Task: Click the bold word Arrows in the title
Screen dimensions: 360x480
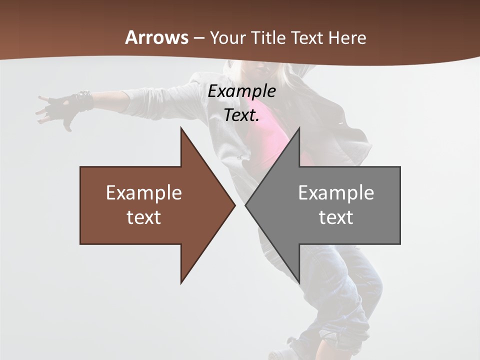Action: (x=157, y=37)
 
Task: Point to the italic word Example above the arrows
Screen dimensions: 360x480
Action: (x=241, y=91)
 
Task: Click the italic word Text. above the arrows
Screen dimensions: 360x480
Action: (x=241, y=115)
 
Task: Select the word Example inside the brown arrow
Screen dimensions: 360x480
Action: (x=144, y=192)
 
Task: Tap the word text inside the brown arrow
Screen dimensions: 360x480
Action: (x=144, y=217)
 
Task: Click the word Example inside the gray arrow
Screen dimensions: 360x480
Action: (x=336, y=192)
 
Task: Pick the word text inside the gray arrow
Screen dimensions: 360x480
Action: (x=336, y=217)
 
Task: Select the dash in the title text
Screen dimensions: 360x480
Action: (x=198, y=38)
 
